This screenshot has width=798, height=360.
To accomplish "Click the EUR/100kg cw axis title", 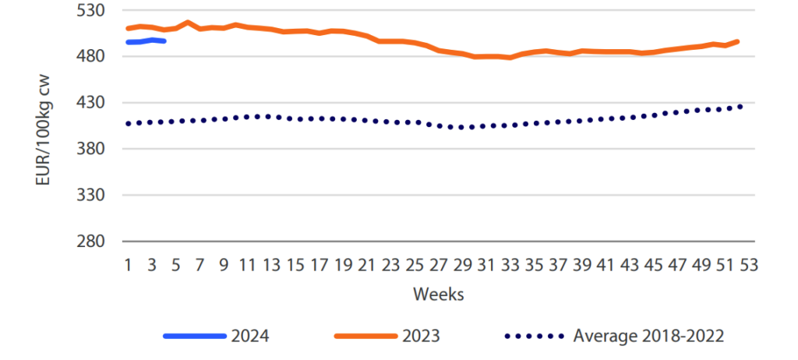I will [x=44, y=125].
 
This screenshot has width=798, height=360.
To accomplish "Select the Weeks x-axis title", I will [x=439, y=295].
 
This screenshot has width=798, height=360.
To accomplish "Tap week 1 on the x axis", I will [x=129, y=264].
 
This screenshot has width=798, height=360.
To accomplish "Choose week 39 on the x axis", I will [x=581, y=264].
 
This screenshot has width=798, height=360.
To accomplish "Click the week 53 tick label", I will [x=749, y=264].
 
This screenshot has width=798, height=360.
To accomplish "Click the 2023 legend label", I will [x=420, y=336].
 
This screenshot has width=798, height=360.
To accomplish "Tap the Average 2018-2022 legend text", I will [x=649, y=336].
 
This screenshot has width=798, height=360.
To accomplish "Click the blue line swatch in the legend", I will [x=194, y=336].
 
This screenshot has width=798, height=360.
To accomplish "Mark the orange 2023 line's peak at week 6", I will [x=188, y=23].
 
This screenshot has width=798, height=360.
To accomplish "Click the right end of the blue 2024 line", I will [x=164, y=41].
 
